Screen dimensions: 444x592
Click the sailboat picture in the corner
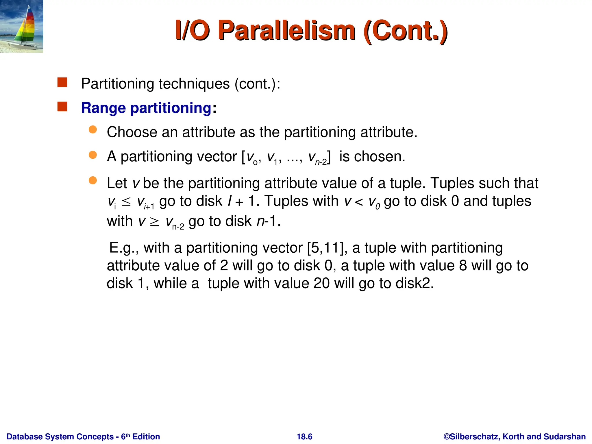coord(21,26)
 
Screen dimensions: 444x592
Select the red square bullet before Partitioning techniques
coord(62,82)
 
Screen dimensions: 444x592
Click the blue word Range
coord(103,108)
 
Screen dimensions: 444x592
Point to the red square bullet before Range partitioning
coord(62,107)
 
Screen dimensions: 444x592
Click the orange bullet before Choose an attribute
coord(93,129)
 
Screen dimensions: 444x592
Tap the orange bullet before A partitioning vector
coord(93,155)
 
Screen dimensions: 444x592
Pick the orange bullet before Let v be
coord(93,181)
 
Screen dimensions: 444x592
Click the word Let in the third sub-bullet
coord(117,183)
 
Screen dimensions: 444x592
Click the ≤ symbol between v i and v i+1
coord(126,201)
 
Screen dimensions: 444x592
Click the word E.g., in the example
coord(124,248)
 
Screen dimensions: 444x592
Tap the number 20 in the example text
coord(321,283)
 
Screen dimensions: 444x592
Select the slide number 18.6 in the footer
coord(304,436)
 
